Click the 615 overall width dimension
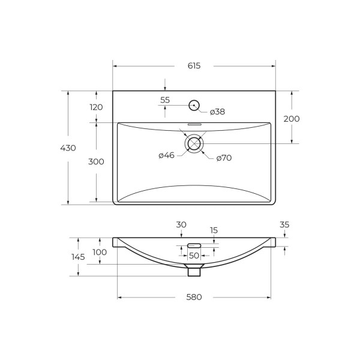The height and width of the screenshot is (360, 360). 194,66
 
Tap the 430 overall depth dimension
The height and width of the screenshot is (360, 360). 68,148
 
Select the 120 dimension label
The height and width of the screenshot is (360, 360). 96,107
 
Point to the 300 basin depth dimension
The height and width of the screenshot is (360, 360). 96,162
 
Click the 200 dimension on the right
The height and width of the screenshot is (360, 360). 292,119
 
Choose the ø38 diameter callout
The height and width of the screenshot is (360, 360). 217,112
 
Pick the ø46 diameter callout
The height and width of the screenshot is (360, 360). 166,155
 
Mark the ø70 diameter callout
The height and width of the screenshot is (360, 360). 224,158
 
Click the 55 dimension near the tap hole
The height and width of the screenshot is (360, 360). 165,100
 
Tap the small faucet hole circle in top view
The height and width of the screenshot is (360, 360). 194,106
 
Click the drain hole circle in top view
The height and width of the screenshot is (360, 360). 194,143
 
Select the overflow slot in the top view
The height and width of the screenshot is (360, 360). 194,124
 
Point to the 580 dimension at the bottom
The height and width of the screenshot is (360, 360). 194,297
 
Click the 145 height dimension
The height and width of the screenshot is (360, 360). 78,256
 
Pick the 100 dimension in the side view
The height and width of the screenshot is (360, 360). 100,252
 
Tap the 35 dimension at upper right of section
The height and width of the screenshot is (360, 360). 284,224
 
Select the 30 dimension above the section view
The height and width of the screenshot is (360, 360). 181,224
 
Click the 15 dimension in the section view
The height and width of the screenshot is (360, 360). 214,230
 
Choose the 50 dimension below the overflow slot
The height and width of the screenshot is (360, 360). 194,256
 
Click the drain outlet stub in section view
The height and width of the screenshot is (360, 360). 194,271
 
